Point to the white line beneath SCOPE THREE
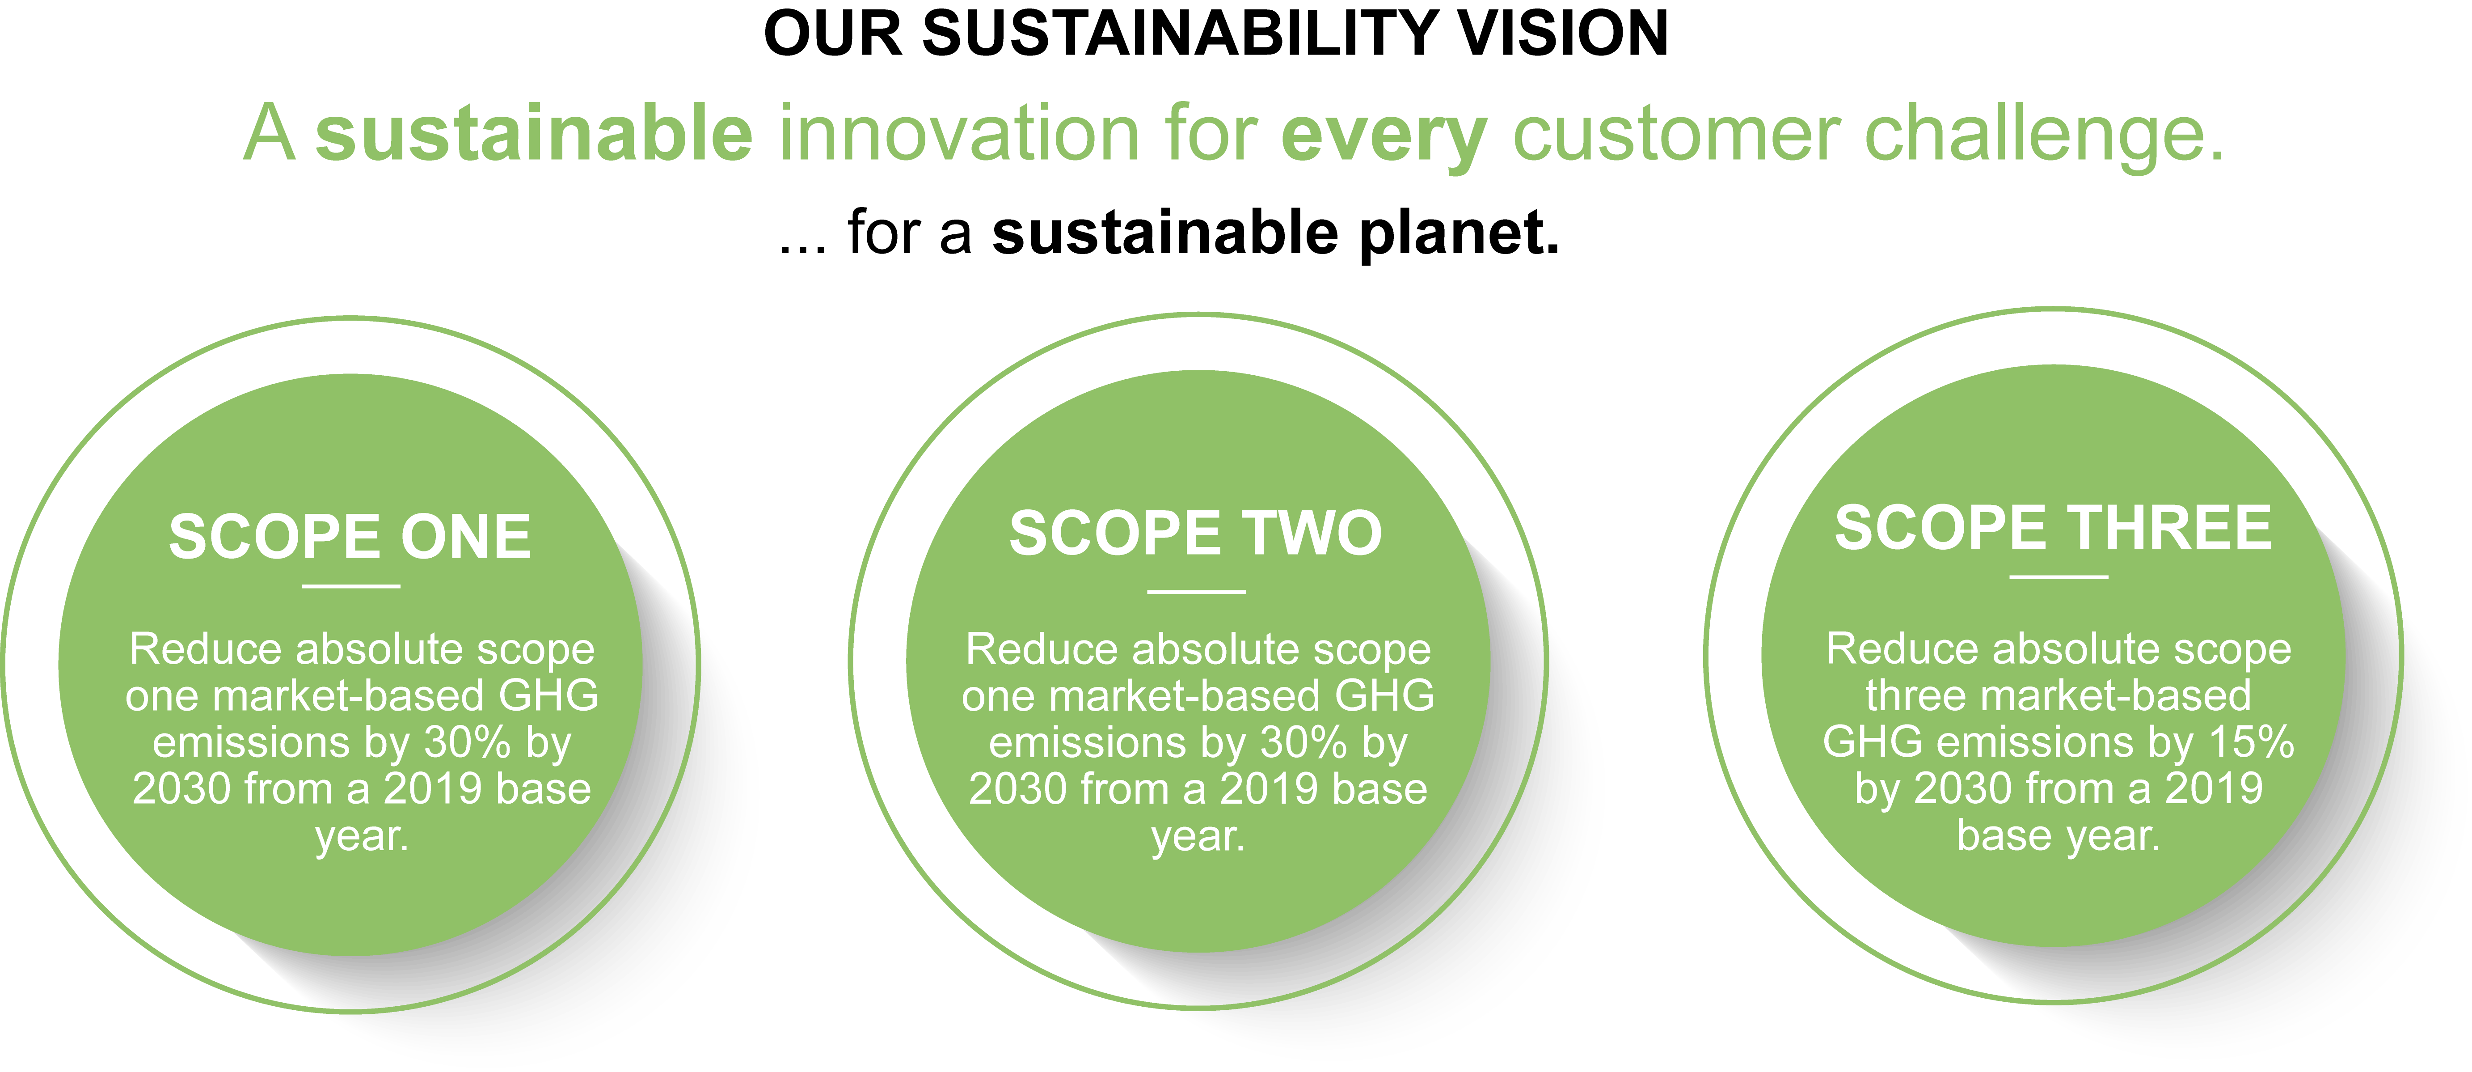pyautogui.click(x=2059, y=577)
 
